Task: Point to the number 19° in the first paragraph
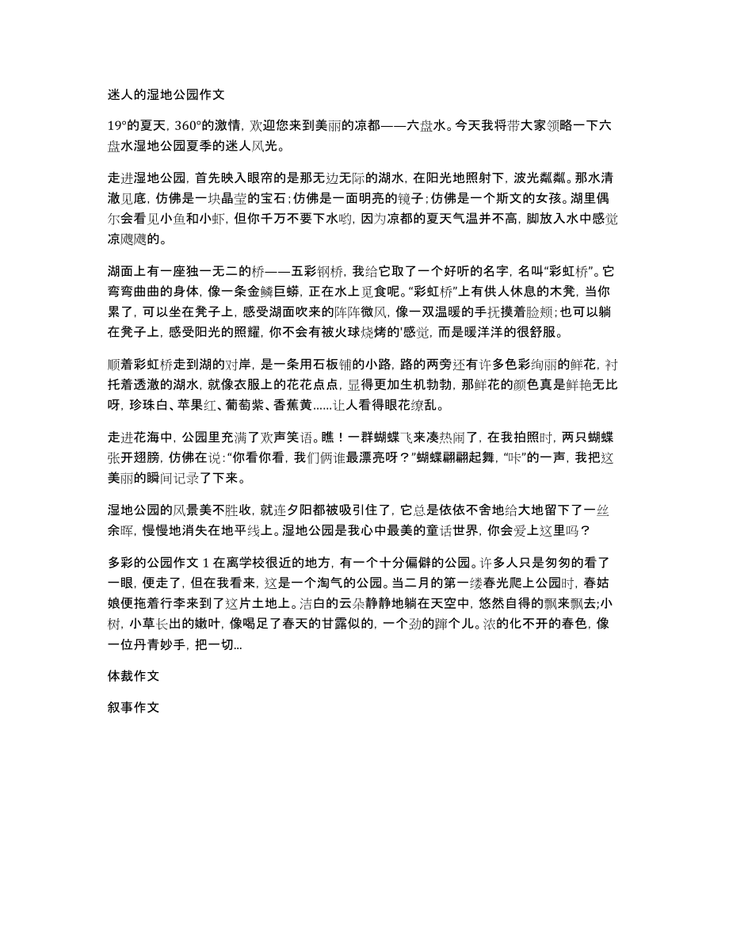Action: [119, 124]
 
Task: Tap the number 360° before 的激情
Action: [191, 124]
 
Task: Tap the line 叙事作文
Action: [134, 686]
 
